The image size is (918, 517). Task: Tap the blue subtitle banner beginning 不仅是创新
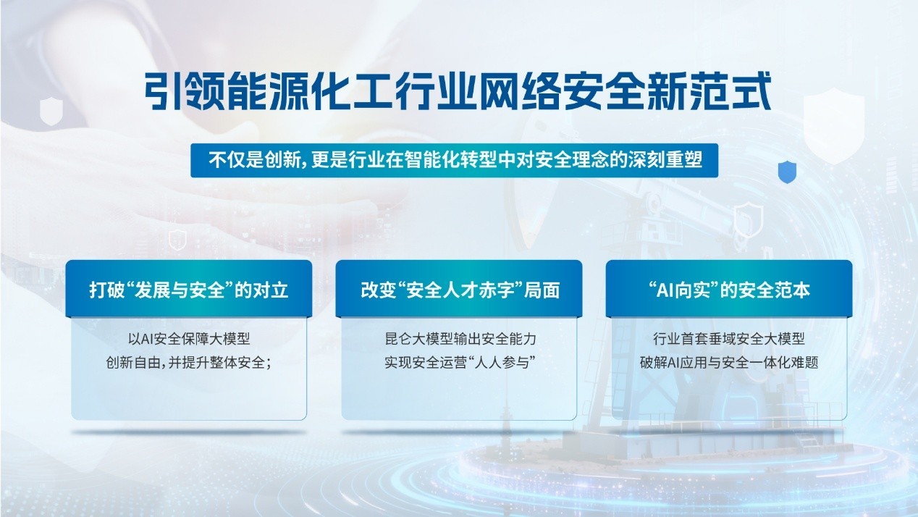(455, 161)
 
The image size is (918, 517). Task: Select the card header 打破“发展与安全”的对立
(189, 290)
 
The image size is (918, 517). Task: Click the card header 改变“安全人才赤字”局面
(459, 290)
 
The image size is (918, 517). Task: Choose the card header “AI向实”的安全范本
(729, 290)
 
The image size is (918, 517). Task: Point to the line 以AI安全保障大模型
(188, 338)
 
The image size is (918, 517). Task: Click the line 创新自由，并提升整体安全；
(188, 362)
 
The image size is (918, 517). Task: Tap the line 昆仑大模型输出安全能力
(460, 338)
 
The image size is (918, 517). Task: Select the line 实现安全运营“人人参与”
(460, 362)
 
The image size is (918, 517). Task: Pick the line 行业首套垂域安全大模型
(729, 338)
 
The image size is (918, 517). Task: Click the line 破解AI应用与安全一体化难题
(729, 362)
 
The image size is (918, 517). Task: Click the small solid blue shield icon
(787, 172)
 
